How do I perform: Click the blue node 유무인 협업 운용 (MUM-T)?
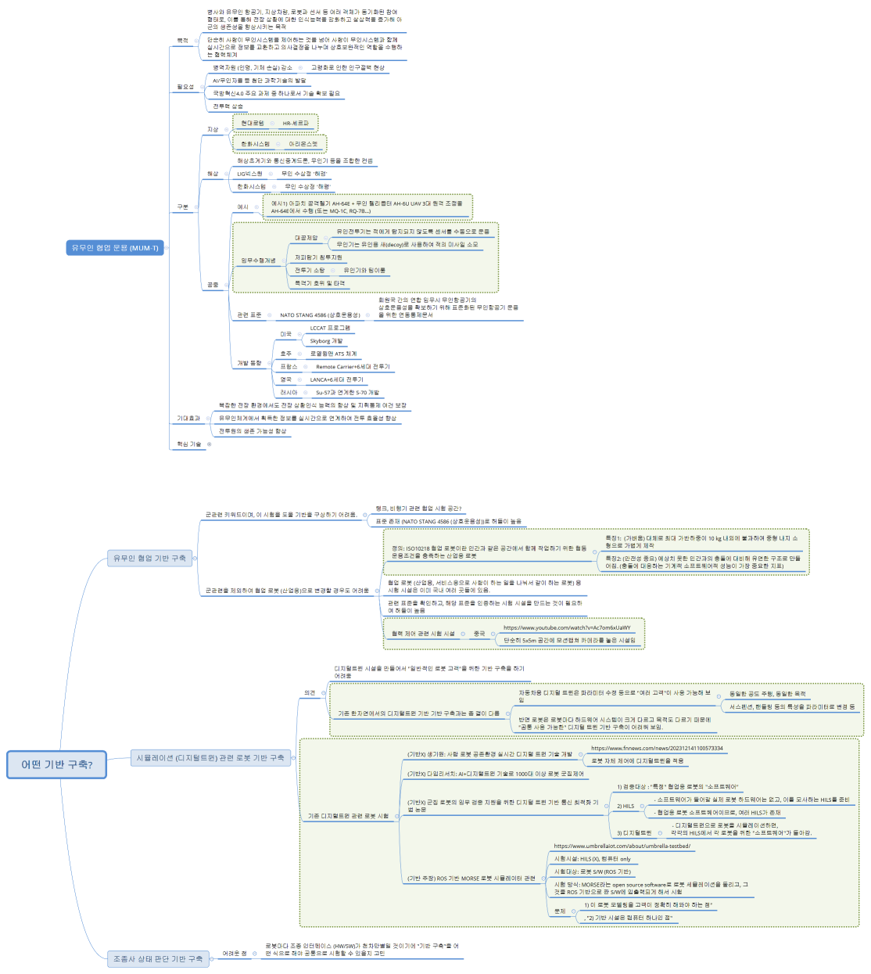click(115, 248)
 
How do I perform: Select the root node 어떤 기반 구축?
click(57, 764)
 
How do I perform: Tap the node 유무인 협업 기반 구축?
click(149, 558)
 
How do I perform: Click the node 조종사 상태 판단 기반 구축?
click(158, 958)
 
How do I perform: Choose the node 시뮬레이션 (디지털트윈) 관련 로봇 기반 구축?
click(210, 757)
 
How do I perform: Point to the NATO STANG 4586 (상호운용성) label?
click(320, 315)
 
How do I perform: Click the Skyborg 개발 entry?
click(326, 341)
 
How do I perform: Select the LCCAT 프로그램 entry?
click(330, 328)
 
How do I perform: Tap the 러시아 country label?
click(289, 392)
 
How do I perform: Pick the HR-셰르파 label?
click(296, 123)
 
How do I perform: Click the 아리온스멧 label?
click(303, 144)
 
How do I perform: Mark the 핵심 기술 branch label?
click(188, 444)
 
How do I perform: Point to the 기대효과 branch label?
click(188, 419)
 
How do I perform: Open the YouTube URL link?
click(566, 627)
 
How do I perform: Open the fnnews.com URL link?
click(657, 748)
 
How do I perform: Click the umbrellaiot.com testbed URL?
click(622, 846)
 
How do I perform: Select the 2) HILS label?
click(625, 806)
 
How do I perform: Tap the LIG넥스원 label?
click(249, 174)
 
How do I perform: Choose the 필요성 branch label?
click(185, 87)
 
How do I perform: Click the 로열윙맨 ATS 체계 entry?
click(333, 354)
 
